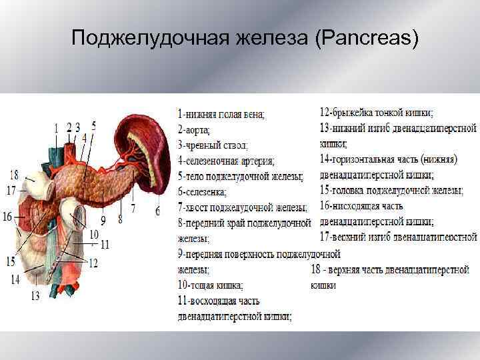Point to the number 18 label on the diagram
pyautogui.click(x=13, y=175)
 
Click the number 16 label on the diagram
pyautogui.click(x=7, y=216)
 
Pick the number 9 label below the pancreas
pyautogui.click(x=104, y=219)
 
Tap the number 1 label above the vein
pyautogui.click(x=56, y=127)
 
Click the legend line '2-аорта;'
pyautogui.click(x=193, y=129)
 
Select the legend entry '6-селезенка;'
pyautogui.click(x=202, y=192)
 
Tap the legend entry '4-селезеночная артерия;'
pyautogui.click(x=226, y=161)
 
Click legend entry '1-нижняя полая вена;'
pyautogui.click(x=220, y=114)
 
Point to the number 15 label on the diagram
pyautogui.click(x=11, y=261)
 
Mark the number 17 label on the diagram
pyautogui.click(x=11, y=190)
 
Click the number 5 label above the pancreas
pyautogui.click(x=94, y=125)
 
